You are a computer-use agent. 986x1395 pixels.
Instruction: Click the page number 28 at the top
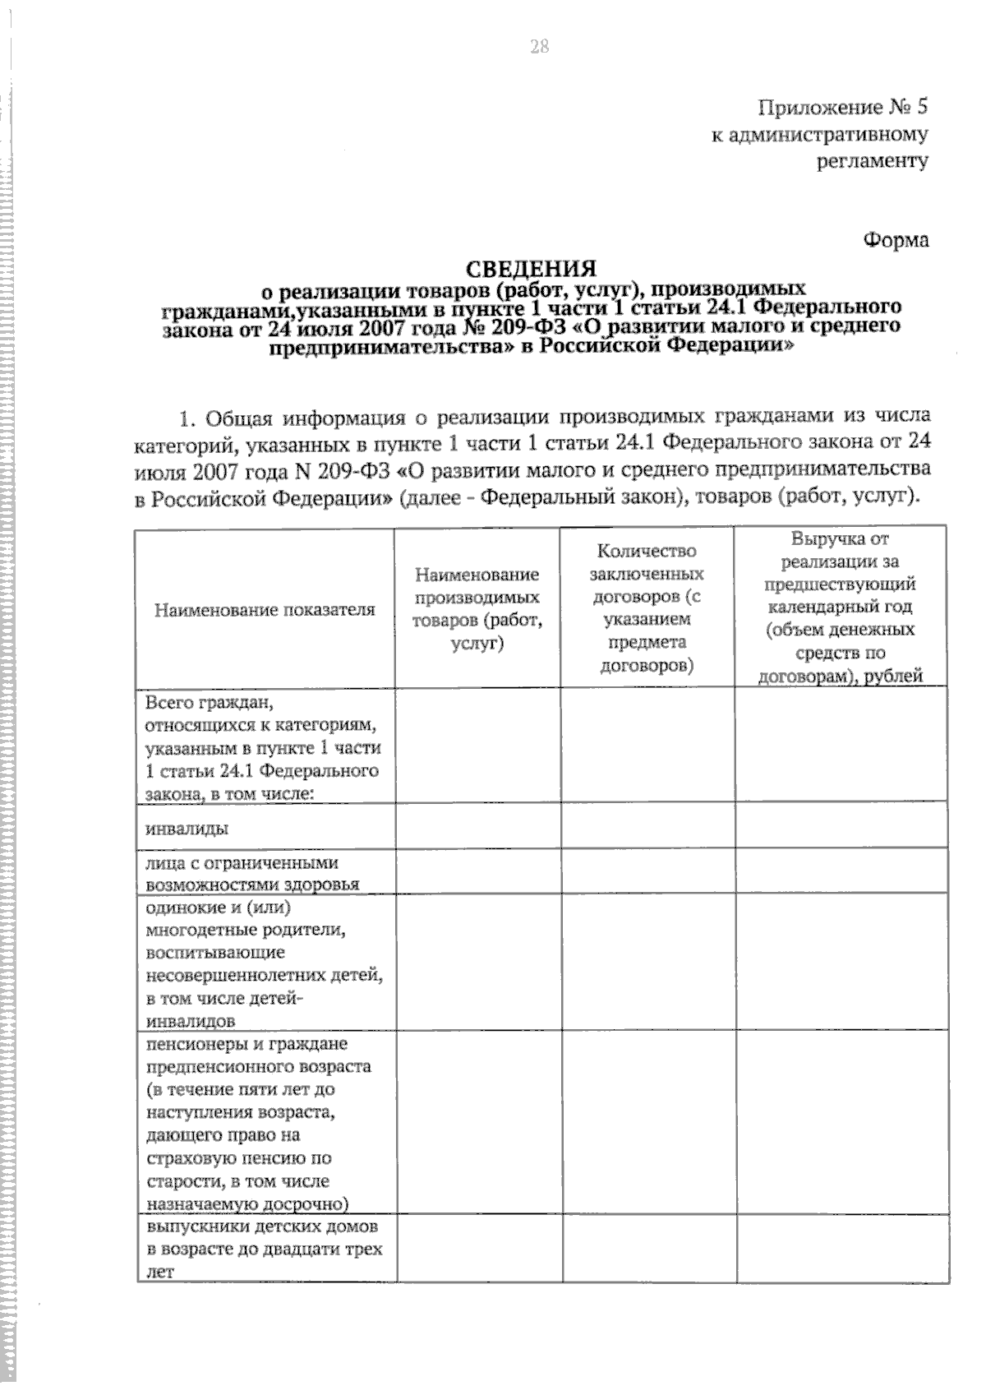[539, 47]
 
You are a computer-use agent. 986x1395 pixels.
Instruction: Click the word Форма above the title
[896, 240]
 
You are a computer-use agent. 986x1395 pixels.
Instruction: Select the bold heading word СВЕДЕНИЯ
[531, 269]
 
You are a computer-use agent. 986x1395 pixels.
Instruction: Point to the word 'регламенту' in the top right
[873, 160]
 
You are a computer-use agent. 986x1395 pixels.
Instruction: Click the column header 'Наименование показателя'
[265, 609]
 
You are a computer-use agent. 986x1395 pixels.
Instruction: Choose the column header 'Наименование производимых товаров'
[477, 608]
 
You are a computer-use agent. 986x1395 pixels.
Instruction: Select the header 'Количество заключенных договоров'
[647, 607]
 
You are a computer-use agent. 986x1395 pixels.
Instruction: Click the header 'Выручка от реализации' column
[840, 607]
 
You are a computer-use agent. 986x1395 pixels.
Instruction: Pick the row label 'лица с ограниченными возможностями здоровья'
[252, 874]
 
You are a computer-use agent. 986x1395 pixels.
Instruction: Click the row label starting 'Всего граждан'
[262, 748]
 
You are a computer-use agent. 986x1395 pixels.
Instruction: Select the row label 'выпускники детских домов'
[264, 1249]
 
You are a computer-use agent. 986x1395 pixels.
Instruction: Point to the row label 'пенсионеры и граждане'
[246, 1044]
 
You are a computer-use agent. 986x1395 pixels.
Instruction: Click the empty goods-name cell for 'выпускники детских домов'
[478, 1249]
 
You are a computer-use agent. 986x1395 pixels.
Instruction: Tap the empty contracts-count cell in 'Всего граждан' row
[647, 745]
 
